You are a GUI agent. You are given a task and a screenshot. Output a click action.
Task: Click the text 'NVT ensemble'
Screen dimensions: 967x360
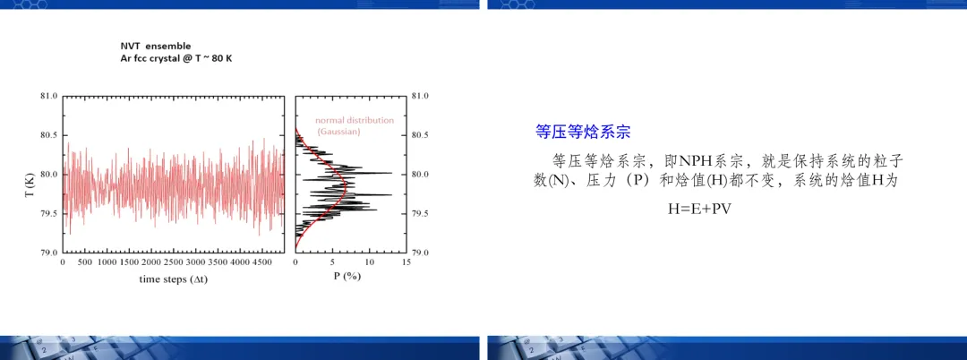[x=156, y=47]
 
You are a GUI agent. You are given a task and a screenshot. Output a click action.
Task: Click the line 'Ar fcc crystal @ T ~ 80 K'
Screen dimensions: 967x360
[x=175, y=58]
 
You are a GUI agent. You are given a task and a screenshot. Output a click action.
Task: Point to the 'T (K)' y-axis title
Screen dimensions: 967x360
[x=29, y=185]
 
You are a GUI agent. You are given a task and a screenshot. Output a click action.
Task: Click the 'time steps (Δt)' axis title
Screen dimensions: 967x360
[x=174, y=279]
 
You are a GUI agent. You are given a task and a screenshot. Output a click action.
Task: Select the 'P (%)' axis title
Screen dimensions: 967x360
[x=347, y=276]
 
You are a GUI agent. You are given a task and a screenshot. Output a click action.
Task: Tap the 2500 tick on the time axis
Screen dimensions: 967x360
[x=174, y=262]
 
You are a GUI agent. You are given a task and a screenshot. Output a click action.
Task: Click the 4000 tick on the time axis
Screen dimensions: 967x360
[x=240, y=262]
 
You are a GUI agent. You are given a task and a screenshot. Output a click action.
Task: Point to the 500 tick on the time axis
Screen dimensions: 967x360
[x=84, y=262]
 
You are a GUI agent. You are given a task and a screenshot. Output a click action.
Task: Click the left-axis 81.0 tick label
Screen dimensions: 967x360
[x=48, y=96]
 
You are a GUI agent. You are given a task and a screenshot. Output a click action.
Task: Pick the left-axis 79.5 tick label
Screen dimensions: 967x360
[x=48, y=214]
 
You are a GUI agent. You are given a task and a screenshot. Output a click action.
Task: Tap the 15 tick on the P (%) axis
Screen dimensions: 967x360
[x=406, y=262]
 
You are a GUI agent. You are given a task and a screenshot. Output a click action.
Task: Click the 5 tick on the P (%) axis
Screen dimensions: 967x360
[x=332, y=262]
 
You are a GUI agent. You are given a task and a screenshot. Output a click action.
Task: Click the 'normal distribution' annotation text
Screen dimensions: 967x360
[x=354, y=120]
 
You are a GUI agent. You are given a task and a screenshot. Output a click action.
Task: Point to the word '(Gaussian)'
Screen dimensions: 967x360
[x=338, y=132]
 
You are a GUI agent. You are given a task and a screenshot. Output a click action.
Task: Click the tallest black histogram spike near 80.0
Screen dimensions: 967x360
[x=392, y=173]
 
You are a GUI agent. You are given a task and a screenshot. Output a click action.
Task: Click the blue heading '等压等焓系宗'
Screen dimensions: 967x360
[x=583, y=132]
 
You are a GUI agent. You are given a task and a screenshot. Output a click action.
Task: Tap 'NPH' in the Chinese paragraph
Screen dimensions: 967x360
[x=695, y=162]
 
